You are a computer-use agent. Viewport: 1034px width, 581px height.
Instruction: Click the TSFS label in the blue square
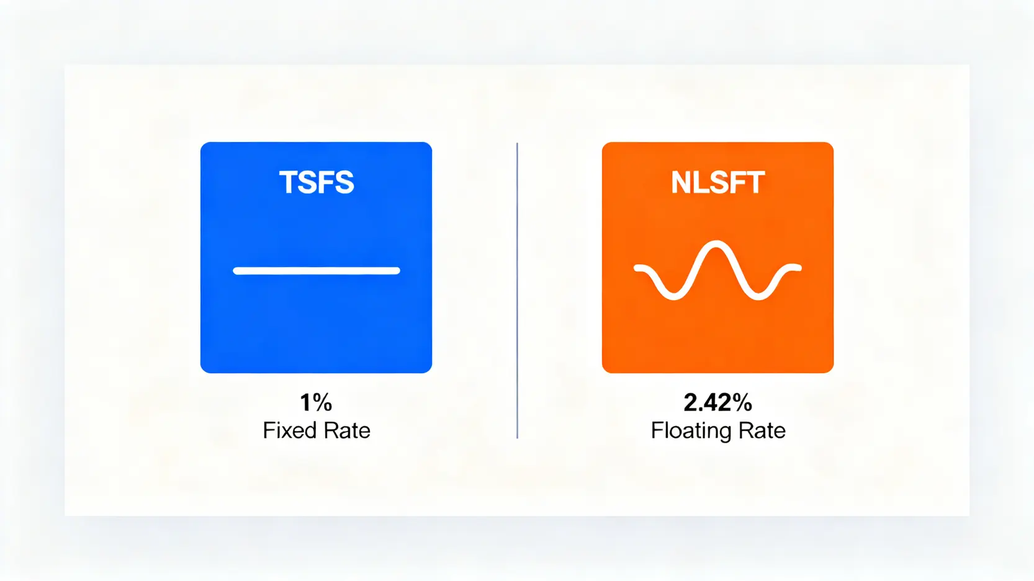pyautogui.click(x=316, y=182)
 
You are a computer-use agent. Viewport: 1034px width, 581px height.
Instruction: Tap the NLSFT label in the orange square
pyautogui.click(x=718, y=182)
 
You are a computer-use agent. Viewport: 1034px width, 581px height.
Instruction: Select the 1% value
pyautogui.click(x=316, y=402)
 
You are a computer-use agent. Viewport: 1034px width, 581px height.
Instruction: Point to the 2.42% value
pyautogui.click(x=718, y=402)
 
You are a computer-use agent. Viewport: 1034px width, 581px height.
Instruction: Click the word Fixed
pyautogui.click(x=290, y=431)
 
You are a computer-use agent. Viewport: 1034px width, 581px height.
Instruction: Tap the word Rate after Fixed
pyautogui.click(x=347, y=431)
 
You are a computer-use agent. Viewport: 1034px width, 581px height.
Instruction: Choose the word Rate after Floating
pyautogui.click(x=762, y=431)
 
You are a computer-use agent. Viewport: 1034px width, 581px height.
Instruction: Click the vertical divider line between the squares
pyautogui.click(x=517, y=290)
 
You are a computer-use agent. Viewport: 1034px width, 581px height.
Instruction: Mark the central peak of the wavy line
pyautogui.click(x=716, y=244)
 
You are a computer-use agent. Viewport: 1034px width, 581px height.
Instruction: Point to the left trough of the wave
pyautogui.click(x=674, y=296)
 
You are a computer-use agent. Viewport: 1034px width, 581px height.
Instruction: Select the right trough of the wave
pyautogui.click(x=758, y=296)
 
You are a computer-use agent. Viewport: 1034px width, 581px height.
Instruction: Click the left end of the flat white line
pyautogui.click(x=235, y=271)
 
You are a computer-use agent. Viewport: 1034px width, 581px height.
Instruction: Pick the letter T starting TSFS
pyautogui.click(x=288, y=182)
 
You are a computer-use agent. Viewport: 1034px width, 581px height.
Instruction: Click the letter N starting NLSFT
pyautogui.click(x=680, y=182)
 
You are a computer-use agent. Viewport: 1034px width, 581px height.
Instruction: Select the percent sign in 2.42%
pyautogui.click(x=742, y=402)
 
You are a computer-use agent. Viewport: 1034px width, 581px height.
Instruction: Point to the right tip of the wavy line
pyautogui.click(x=799, y=267)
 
